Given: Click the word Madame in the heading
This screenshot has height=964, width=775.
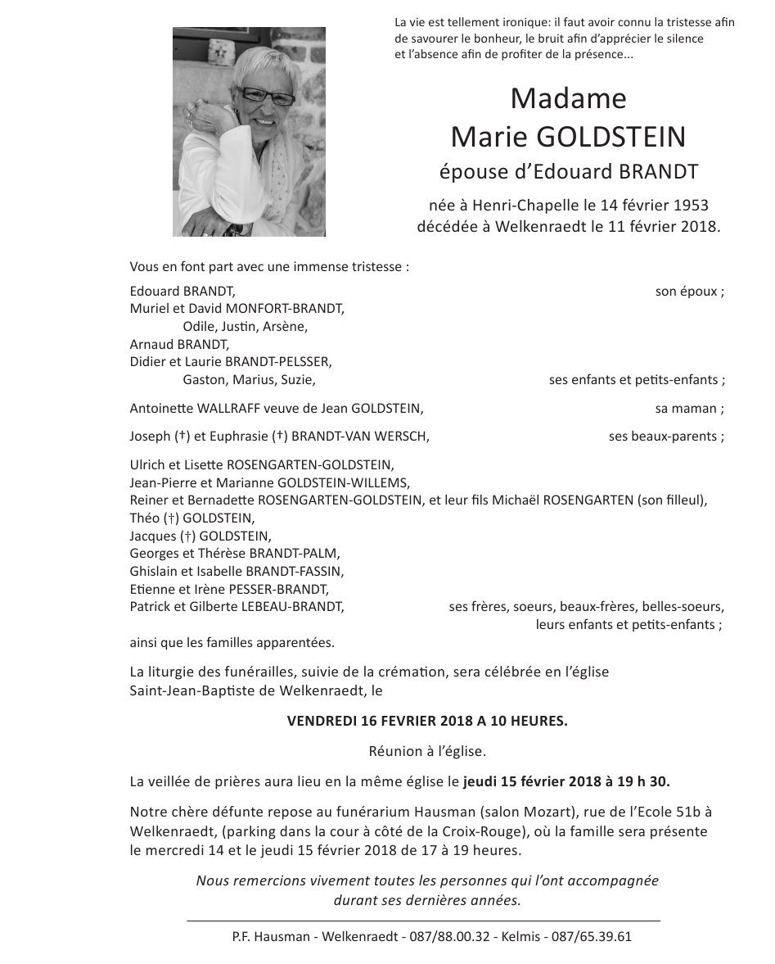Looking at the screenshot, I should tap(568, 98).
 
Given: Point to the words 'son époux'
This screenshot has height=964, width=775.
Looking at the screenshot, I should tap(687, 292).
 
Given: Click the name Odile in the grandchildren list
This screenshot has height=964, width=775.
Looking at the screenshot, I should tap(199, 327).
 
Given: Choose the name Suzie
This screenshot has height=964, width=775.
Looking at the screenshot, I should tap(297, 380).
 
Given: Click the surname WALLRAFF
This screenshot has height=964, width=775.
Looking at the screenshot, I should tap(227, 409).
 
